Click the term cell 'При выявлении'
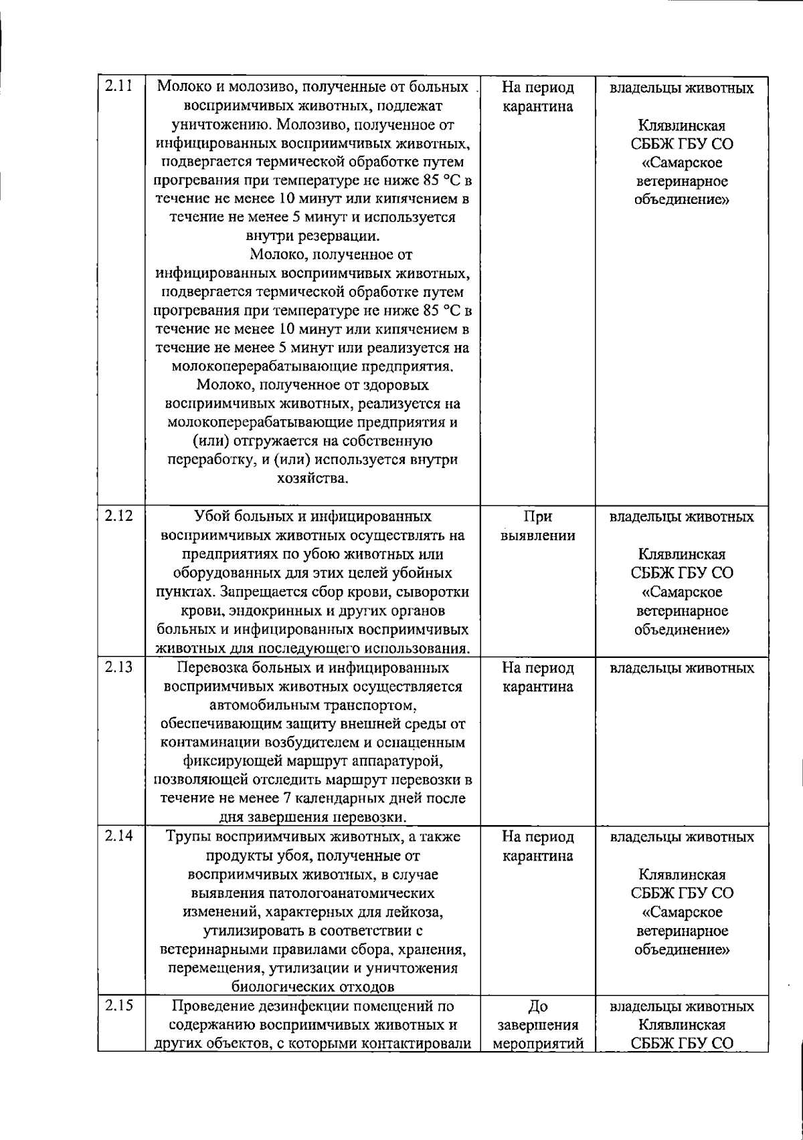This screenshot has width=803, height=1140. (538, 526)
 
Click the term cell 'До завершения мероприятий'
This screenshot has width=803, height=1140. (538, 1025)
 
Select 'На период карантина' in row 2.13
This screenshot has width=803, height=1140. (538, 677)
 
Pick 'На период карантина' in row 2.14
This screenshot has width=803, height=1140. (538, 846)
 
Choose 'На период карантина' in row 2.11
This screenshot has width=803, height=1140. (538, 98)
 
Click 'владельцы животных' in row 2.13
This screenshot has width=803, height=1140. (682, 668)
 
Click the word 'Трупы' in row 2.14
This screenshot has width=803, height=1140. (186, 837)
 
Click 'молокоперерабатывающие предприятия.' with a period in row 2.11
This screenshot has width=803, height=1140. (313, 366)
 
